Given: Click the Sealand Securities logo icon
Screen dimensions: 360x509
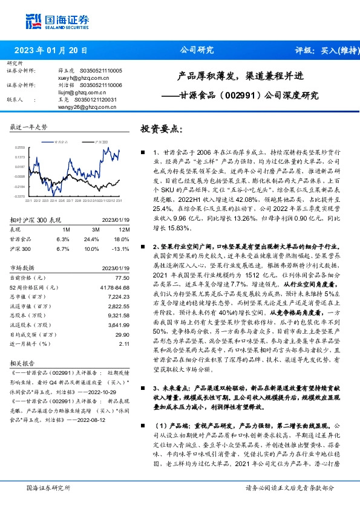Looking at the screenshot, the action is coord(34,21).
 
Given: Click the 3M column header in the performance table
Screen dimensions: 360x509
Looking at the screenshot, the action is coord(96,230).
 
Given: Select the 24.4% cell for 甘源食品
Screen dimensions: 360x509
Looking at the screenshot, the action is coord(96,239).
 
